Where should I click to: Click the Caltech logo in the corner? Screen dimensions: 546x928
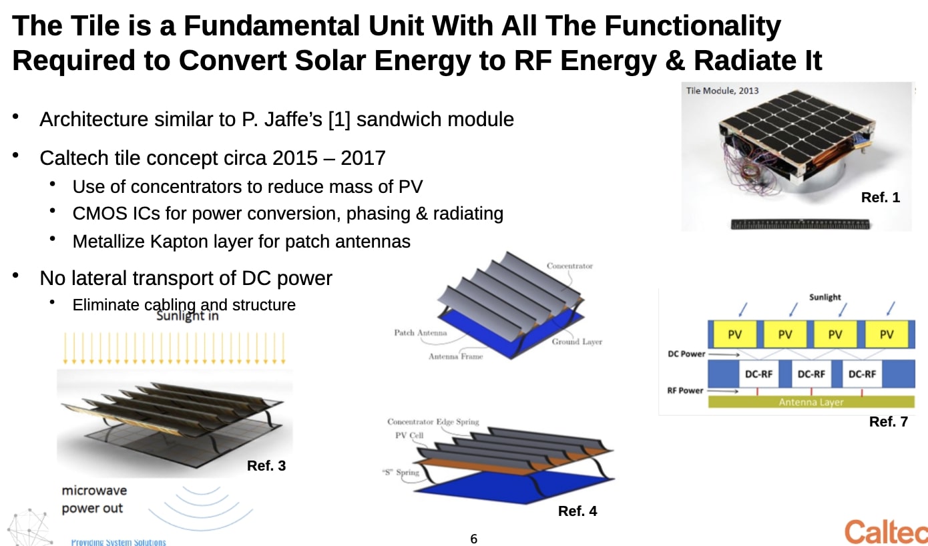tap(885, 532)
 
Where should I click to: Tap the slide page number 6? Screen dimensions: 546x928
tap(474, 539)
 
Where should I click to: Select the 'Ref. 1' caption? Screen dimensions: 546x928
tap(880, 198)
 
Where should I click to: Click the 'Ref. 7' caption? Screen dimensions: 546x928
tap(888, 422)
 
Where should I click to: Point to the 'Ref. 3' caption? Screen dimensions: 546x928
tap(266, 466)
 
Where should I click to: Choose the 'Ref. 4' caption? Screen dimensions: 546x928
tap(577, 511)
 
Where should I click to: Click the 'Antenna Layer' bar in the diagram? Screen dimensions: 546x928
tap(810, 402)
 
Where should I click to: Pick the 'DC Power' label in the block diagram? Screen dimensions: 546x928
tap(686, 354)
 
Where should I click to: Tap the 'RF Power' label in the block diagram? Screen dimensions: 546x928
tap(685, 390)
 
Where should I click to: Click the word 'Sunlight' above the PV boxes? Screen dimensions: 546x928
tap(825, 297)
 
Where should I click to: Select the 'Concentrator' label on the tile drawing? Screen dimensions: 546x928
tap(569, 266)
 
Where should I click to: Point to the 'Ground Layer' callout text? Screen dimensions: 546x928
tap(577, 342)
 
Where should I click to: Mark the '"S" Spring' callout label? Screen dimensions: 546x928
tap(401, 472)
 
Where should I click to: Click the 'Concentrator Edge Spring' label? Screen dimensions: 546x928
tap(433, 422)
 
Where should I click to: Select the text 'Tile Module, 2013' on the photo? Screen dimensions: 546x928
tap(722, 91)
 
